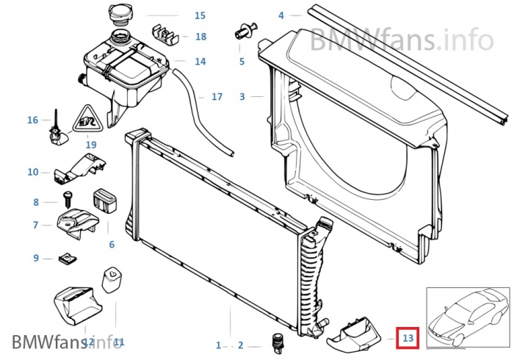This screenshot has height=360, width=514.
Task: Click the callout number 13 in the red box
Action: pyautogui.click(x=408, y=338)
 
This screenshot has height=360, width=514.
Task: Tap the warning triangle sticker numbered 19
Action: pyautogui.click(x=87, y=119)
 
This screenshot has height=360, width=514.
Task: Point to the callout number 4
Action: pyautogui.click(x=281, y=15)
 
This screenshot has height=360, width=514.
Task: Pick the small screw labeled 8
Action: pyautogui.click(x=68, y=199)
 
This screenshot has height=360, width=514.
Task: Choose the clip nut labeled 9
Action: pyautogui.click(x=68, y=259)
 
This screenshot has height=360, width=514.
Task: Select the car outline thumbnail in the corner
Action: pyautogui.click(x=468, y=317)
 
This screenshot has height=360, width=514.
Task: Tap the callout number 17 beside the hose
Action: pyautogui.click(x=217, y=97)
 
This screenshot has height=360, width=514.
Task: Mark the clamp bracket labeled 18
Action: pyautogui.click(x=165, y=35)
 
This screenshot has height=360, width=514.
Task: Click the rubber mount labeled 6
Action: pyautogui.click(x=106, y=200)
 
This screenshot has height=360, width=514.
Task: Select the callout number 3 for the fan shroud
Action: pyautogui.click(x=242, y=97)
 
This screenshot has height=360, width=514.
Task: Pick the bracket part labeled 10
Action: pyautogui.click(x=80, y=168)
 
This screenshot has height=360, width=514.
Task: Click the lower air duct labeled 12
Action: pyautogui.click(x=77, y=306)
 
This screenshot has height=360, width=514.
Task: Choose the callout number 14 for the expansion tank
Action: pyautogui.click(x=200, y=61)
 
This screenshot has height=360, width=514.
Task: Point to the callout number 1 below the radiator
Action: pyautogui.click(x=219, y=345)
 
